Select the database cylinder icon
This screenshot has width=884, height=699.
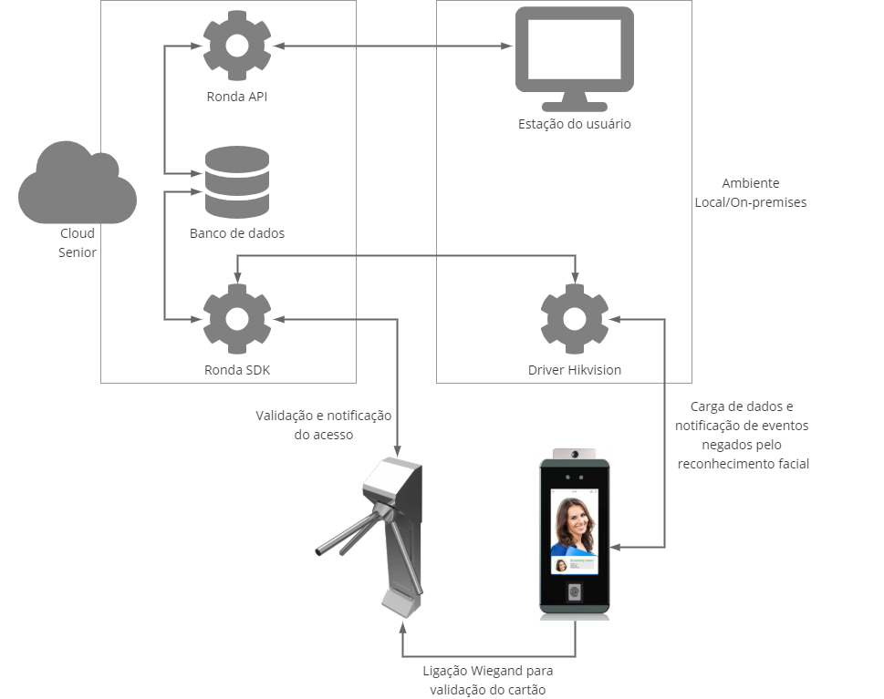pyautogui.click(x=237, y=181)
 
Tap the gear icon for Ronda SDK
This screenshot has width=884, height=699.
pyautogui.click(x=237, y=319)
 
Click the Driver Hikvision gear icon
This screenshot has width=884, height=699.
pyautogui.click(x=575, y=319)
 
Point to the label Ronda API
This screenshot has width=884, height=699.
pyautogui.click(x=237, y=96)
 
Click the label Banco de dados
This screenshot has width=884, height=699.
pyautogui.click(x=237, y=233)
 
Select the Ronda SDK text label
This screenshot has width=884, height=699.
pyautogui.click(x=237, y=370)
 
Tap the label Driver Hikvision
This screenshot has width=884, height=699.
pyautogui.click(x=575, y=370)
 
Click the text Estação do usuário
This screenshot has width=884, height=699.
pyautogui.click(x=574, y=124)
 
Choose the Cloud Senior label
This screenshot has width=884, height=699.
pyautogui.click(x=78, y=242)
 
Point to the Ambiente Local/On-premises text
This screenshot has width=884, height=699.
pyautogui.click(x=750, y=193)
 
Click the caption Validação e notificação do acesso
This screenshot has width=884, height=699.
pyautogui.click(x=323, y=425)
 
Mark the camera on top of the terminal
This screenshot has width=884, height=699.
pyautogui.click(x=575, y=453)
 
